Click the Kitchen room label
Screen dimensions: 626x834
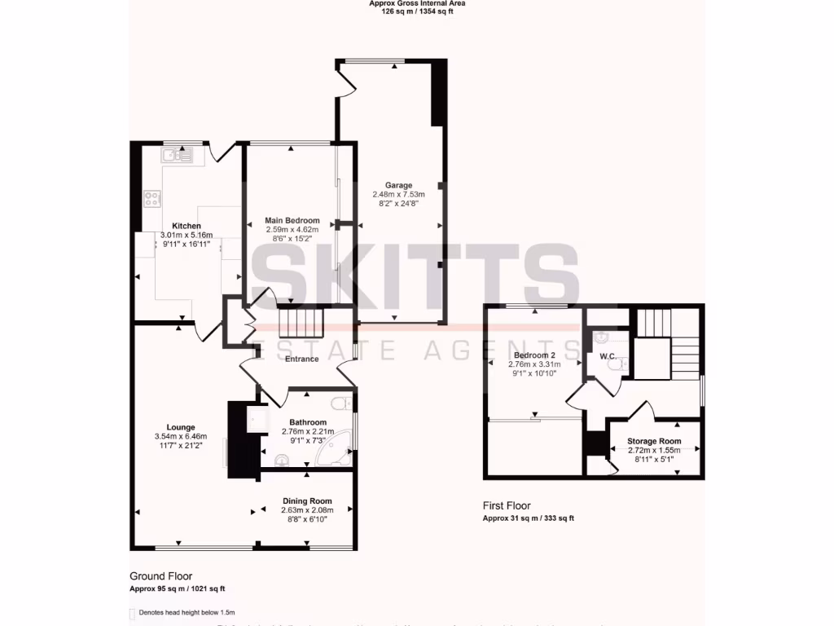point(187,226)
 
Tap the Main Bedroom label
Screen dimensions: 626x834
point(292,221)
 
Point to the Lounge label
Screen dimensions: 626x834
point(181,427)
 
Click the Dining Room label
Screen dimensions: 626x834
point(307,500)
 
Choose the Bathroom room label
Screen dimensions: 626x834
point(308,422)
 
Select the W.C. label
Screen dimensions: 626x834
point(608,356)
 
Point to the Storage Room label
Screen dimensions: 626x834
point(654,442)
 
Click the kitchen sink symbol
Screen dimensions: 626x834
point(176,154)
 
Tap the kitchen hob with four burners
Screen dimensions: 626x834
point(152,199)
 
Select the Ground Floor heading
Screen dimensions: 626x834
point(161,576)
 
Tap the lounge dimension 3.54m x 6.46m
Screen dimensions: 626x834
point(181,437)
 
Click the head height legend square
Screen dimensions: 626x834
point(133,613)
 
